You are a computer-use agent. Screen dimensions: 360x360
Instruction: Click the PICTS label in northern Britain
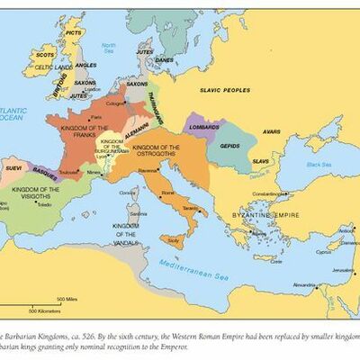point(74,32)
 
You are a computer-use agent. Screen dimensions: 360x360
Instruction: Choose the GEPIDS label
point(229,143)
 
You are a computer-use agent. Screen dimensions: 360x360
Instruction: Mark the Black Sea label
point(319,165)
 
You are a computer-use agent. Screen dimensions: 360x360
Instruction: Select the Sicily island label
point(174,243)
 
